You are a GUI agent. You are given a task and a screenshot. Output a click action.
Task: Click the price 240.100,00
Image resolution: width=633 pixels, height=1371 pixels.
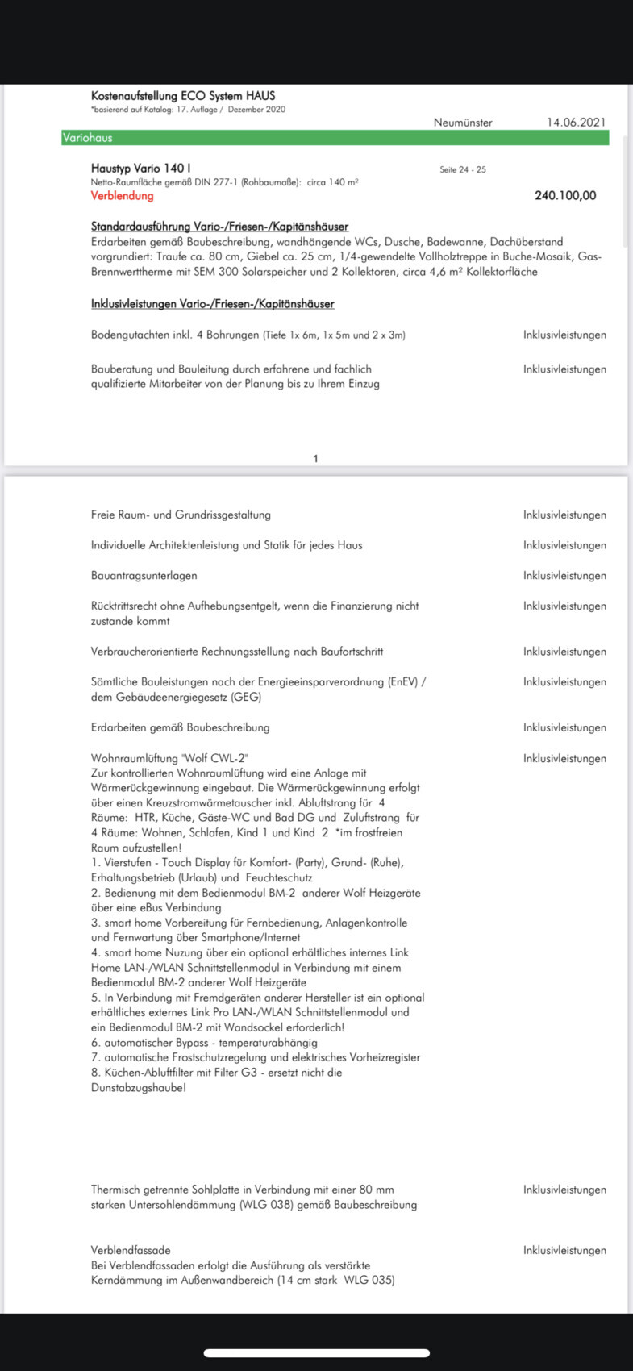[x=565, y=196]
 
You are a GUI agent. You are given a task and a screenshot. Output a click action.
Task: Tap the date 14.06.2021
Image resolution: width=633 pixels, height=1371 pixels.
[x=576, y=123]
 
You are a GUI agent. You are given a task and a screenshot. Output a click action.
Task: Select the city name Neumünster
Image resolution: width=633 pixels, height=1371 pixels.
[x=463, y=123]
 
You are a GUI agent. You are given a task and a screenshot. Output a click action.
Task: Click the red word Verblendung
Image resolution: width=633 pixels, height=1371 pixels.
[x=122, y=196]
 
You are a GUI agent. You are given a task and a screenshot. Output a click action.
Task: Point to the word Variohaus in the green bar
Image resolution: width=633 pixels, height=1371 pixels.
[x=88, y=138]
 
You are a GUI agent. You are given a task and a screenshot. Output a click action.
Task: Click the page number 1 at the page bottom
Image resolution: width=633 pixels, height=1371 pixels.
[x=315, y=459]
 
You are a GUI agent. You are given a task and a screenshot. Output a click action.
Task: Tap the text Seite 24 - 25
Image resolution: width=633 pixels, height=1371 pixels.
[x=463, y=170]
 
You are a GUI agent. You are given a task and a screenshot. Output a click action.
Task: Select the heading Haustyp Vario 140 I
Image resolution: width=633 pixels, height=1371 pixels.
[x=141, y=169]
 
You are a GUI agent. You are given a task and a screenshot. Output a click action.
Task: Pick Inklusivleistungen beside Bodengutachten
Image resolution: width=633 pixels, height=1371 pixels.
[x=564, y=335]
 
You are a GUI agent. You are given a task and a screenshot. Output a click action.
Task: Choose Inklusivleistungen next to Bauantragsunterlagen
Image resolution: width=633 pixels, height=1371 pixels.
[x=564, y=576]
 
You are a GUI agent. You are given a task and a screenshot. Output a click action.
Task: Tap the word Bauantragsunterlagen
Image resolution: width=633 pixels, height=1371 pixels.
[x=144, y=576]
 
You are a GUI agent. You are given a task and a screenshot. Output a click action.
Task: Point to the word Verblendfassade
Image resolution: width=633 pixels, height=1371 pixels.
[x=131, y=1251]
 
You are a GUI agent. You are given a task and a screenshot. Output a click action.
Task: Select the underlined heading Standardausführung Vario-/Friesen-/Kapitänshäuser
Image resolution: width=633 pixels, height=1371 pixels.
[x=219, y=227]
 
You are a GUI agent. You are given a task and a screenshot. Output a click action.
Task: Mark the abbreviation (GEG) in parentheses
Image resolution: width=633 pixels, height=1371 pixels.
[x=246, y=698]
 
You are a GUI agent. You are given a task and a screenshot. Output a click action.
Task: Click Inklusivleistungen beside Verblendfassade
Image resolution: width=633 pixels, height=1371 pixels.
[x=564, y=1251]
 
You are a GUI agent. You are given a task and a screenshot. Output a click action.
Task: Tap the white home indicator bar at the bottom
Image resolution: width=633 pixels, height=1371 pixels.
[x=316, y=1353]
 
